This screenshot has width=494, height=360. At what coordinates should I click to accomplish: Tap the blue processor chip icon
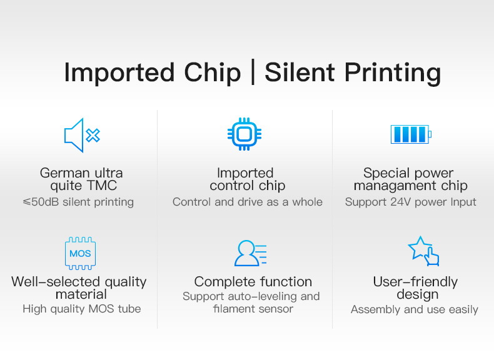pos(244,134)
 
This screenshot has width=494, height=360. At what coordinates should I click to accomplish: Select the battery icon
pos(411,134)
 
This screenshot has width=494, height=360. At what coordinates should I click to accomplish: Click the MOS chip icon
pos(80,253)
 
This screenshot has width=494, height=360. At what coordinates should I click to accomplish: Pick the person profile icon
pos(251,253)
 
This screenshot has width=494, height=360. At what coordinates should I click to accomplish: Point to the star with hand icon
pos(424,251)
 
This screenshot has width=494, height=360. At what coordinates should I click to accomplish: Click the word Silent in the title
pos(300,72)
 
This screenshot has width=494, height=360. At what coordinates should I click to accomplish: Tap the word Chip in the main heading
pos(213,73)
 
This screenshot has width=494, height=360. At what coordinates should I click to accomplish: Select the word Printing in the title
pos(393,74)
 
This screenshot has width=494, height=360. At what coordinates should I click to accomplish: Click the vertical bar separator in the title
pos(253,73)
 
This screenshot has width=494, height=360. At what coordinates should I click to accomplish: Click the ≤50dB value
pos(41,202)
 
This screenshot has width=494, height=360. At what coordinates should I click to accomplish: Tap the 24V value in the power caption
pos(400,202)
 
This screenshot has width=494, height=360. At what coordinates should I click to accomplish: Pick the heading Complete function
pos(253,282)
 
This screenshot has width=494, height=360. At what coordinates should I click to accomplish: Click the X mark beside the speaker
pos(93,136)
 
